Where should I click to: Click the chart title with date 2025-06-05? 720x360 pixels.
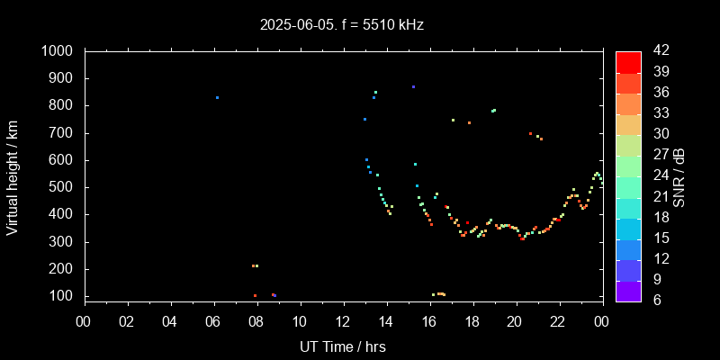[x=341, y=24]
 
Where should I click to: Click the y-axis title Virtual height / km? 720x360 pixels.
[x=13, y=176]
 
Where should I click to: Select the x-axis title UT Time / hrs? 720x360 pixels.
[x=343, y=346]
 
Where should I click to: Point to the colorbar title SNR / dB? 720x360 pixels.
[x=679, y=176]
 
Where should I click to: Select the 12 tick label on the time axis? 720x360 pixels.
[x=343, y=321]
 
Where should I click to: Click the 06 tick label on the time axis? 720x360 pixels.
[x=213, y=321]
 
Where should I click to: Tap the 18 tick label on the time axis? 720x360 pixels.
[x=472, y=321]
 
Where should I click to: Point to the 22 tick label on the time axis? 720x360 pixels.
[x=558, y=321]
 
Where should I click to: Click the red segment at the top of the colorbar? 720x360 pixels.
[x=628, y=61]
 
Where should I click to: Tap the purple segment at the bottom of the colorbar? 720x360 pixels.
[x=628, y=291]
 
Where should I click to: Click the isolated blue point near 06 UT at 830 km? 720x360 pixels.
[x=217, y=97]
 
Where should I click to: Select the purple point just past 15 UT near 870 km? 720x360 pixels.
[x=413, y=86]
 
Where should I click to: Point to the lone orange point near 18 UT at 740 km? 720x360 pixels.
[x=469, y=122]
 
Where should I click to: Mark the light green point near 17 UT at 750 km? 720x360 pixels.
[x=453, y=120]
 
